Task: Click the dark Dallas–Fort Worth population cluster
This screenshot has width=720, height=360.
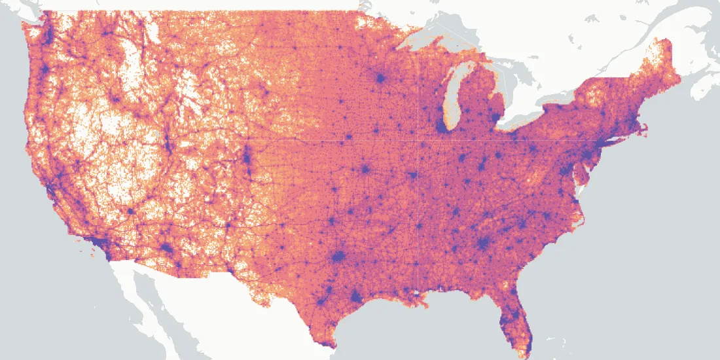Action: (338, 257)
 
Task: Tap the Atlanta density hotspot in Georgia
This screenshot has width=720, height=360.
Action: (483, 243)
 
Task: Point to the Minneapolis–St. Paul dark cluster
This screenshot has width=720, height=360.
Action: (380, 79)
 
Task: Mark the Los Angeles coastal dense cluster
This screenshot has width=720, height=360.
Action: (100, 244)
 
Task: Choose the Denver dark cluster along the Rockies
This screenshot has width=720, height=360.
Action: (247, 157)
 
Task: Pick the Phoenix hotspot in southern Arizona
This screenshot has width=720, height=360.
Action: (166, 249)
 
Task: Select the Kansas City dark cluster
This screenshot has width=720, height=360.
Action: (365, 170)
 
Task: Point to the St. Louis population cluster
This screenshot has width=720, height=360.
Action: (412, 175)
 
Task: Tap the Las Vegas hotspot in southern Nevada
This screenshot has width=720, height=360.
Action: (130, 211)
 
